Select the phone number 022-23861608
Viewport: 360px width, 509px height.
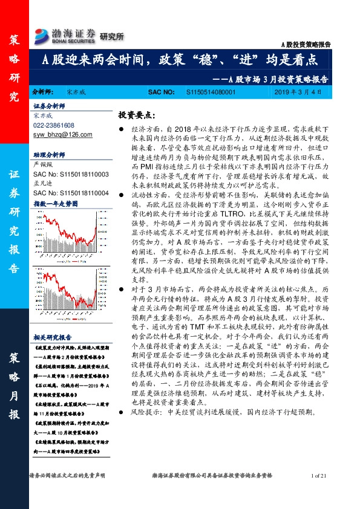[54, 125]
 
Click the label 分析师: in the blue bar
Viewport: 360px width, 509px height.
[42, 92]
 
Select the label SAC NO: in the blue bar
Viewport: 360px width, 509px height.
[162, 92]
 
